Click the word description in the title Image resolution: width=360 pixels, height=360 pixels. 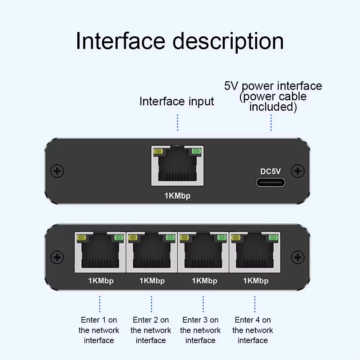pos(228,42)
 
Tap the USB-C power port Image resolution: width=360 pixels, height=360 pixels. pos(270,182)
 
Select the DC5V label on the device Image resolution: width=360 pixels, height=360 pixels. pos(270,172)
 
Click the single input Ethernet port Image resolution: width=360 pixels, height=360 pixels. pos(177,165)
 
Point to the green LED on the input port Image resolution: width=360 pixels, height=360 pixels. pos(196,151)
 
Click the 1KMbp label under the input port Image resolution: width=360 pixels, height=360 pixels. pos(177,196)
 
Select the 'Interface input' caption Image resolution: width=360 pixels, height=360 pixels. pos(177,101)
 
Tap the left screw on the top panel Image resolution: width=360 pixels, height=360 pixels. pos(57,171)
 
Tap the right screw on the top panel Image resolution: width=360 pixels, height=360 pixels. pos(297,171)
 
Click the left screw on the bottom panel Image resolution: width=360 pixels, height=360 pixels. pos(57,257)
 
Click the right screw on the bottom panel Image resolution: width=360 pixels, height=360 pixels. pos(297,257)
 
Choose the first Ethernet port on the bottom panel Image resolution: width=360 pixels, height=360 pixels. pos(100,252)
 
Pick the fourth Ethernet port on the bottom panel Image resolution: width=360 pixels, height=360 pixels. pos(255,252)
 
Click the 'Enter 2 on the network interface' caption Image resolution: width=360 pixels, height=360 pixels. pos(151,330)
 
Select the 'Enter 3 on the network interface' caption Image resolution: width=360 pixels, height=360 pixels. pos(200,330)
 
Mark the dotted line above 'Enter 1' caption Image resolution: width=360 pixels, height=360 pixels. pos(100,304)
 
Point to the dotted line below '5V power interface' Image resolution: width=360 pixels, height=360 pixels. pos(271,123)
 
